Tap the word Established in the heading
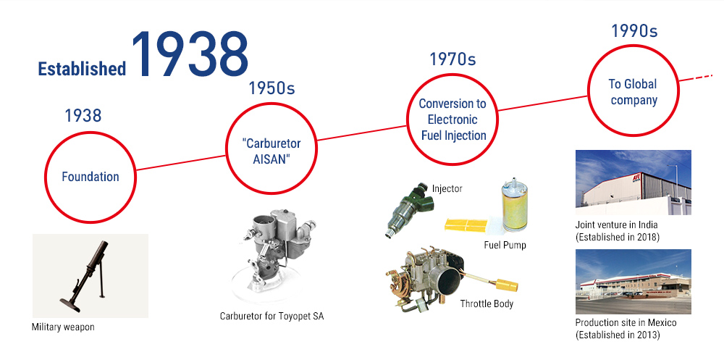[82, 69]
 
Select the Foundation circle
[90, 177]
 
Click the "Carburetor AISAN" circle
[271, 148]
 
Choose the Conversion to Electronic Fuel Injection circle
[452, 120]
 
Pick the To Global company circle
[633, 91]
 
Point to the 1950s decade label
[271, 88]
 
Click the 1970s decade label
[452, 59]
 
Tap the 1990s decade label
[634, 30]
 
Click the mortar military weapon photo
[90, 276]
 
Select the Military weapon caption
[63, 327]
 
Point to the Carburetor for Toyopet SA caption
[271, 317]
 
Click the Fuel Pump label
[505, 245]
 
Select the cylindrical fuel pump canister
[514, 207]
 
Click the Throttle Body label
[487, 304]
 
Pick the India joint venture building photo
[633, 183]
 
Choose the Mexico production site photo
[633, 282]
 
